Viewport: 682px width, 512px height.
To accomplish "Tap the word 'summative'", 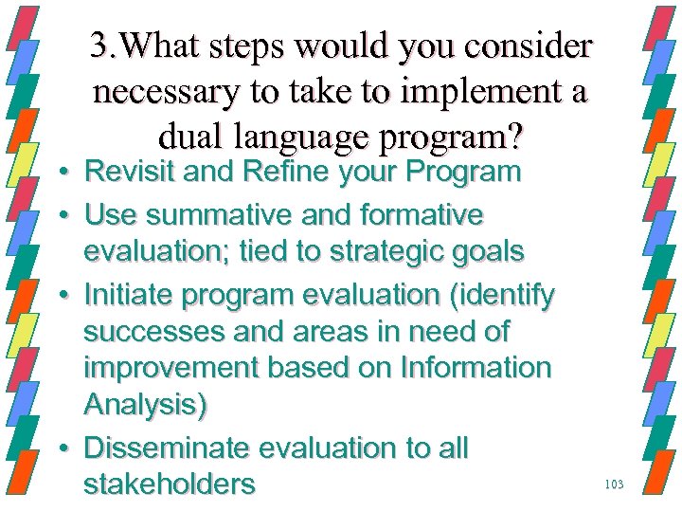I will tap(232, 215).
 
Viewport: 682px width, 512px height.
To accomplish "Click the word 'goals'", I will tap(490, 252).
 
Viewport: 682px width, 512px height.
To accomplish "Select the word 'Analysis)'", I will tap(145, 405).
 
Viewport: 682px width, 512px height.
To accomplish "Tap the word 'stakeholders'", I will tap(170, 485).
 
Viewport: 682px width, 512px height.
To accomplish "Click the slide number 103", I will tap(613, 485).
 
